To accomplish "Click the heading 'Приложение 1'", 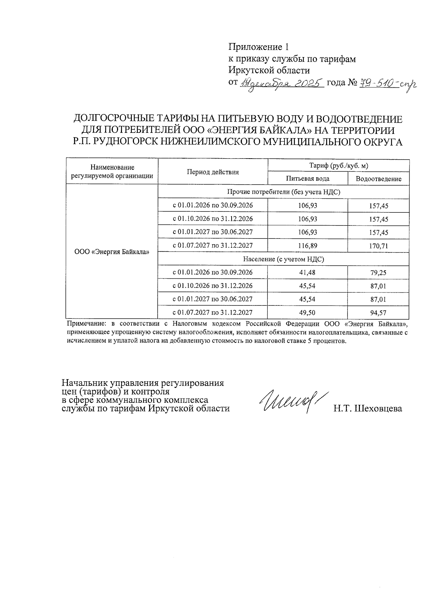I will pyautogui.click(x=259, y=47).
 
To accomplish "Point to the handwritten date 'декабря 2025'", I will pyautogui.click(x=282, y=84).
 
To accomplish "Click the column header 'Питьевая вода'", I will pyautogui.click(x=307, y=178).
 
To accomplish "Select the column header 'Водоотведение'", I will pyautogui.click(x=378, y=179).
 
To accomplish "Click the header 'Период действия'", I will pyautogui.click(x=213, y=172).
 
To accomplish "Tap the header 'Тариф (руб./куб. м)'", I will pyautogui.click(x=338, y=165).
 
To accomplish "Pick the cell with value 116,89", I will pyautogui.click(x=307, y=246).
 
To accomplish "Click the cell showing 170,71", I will pyautogui.click(x=378, y=246).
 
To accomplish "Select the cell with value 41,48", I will pyautogui.click(x=307, y=272).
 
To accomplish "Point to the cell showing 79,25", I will pyautogui.click(x=378, y=273).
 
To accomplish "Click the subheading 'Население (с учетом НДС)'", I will pyautogui.click(x=283, y=259).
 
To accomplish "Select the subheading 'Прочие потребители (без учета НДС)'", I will pyautogui.click(x=283, y=192).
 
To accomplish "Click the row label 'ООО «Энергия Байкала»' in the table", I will pyautogui.click(x=112, y=252).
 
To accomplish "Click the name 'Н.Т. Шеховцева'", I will pyautogui.click(x=368, y=408).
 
